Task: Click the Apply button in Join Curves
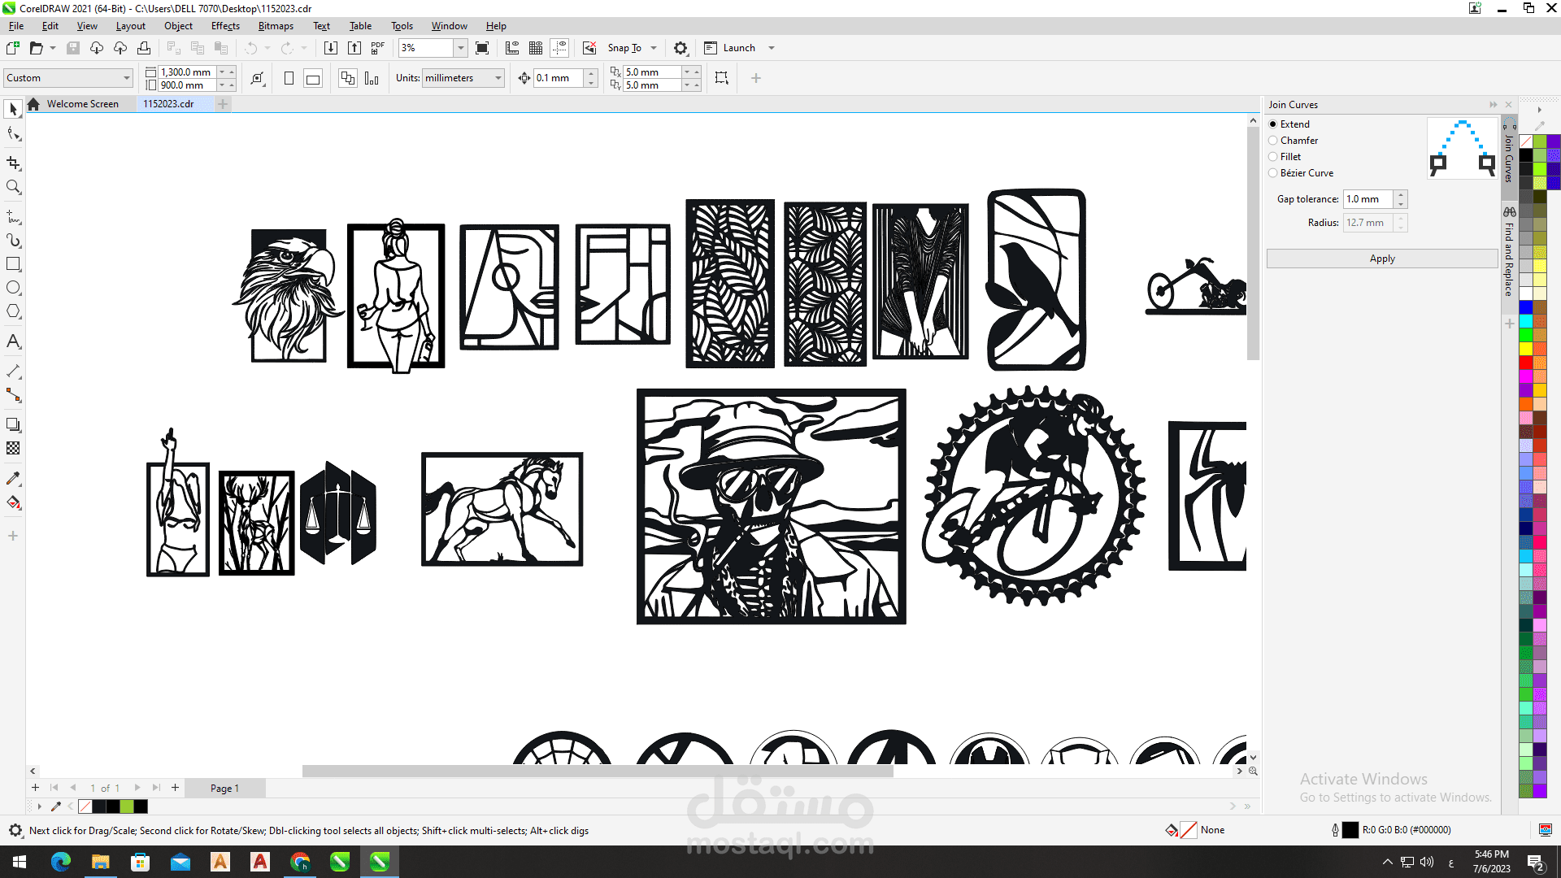(1381, 259)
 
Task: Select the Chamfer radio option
(1273, 141)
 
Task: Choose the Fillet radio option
(1273, 157)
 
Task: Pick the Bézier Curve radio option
(1273, 173)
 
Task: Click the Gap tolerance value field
(1368, 199)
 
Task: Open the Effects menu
(225, 26)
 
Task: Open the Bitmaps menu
(276, 26)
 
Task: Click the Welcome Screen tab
(82, 104)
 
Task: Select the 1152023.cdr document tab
(168, 104)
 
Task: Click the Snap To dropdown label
(624, 48)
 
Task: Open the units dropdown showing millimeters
(463, 78)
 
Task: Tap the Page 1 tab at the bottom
(224, 788)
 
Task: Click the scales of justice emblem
(338, 514)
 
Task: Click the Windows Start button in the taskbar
(20, 862)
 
